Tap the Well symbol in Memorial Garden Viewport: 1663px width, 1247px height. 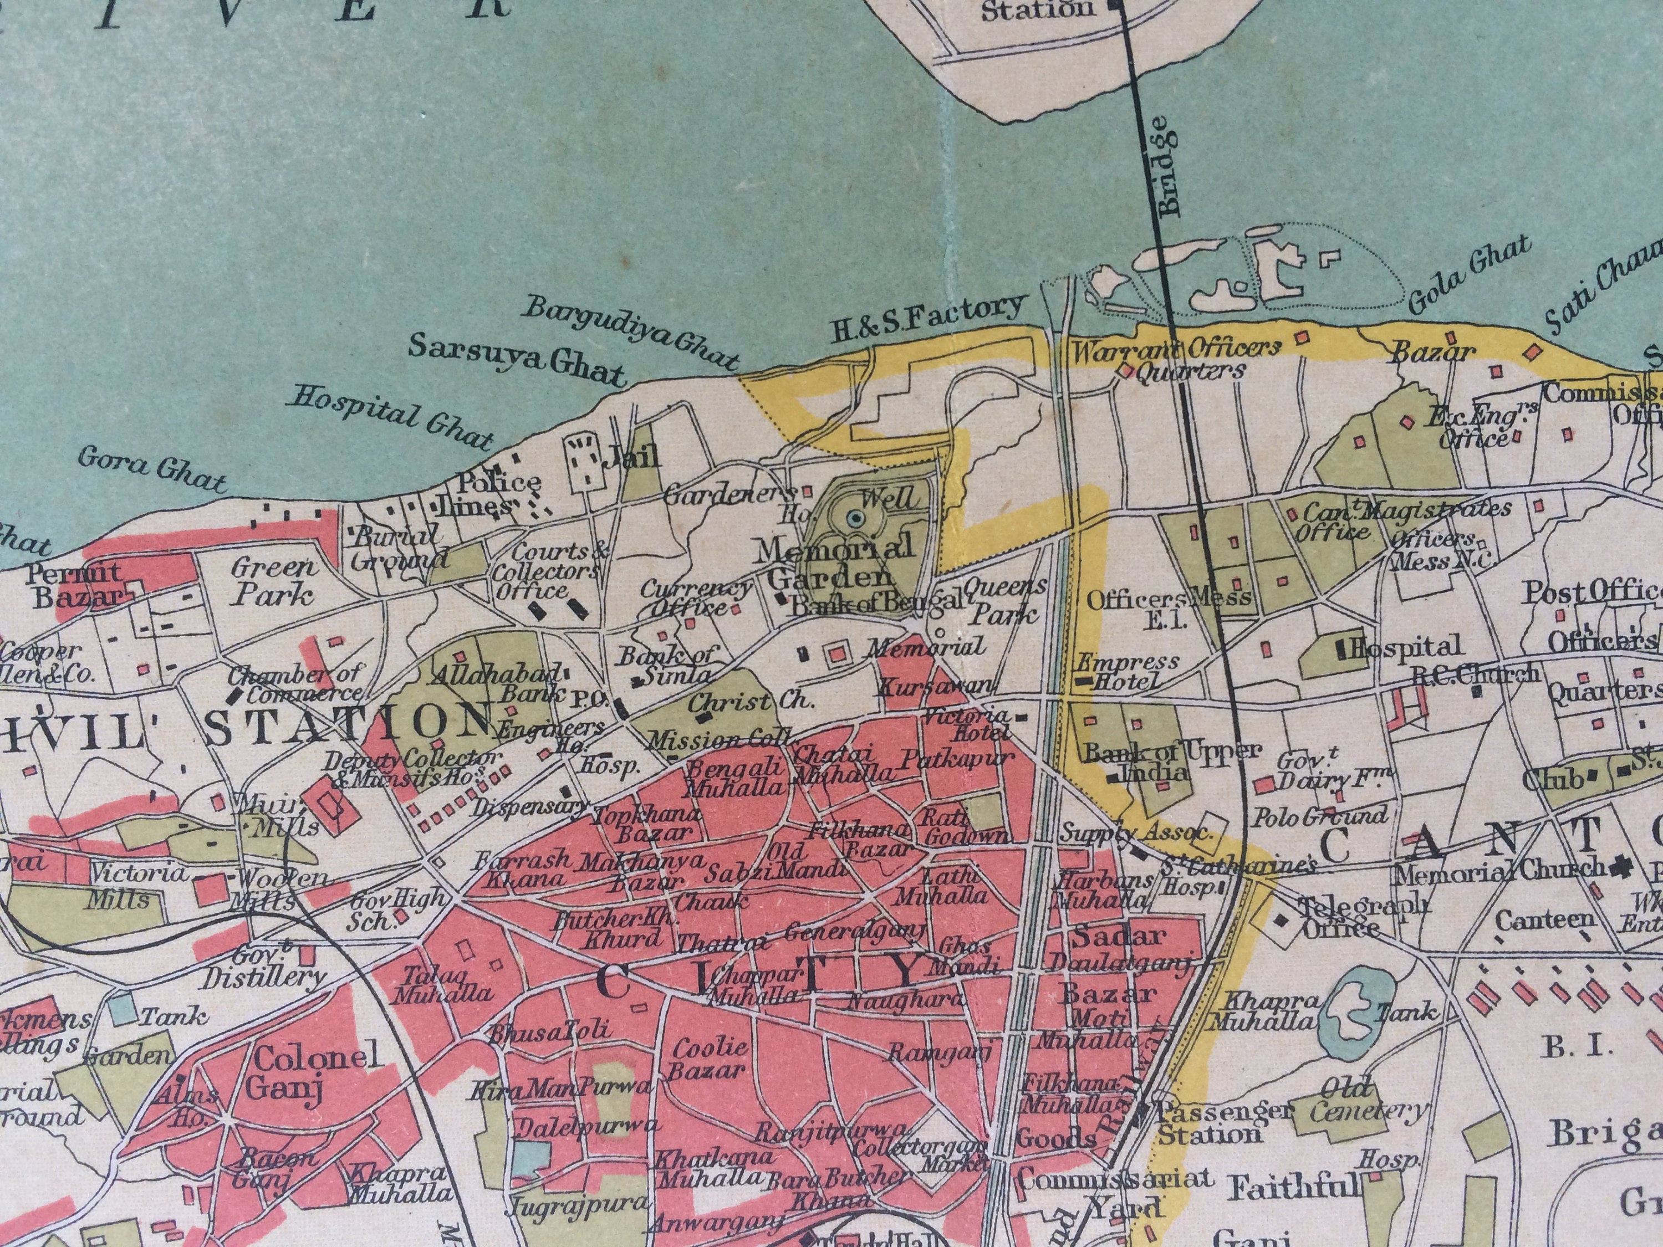[855, 518]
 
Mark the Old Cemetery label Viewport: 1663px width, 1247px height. [1367, 1099]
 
